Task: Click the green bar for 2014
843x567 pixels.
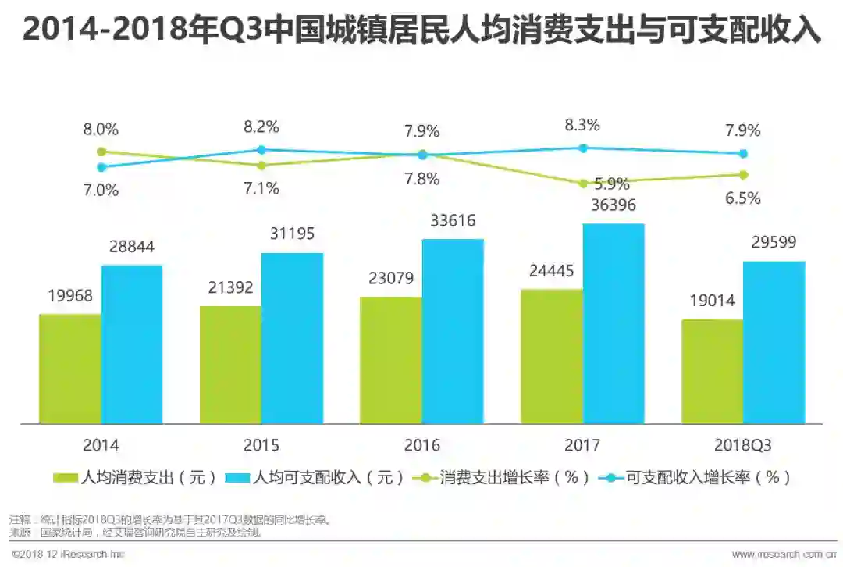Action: point(70,369)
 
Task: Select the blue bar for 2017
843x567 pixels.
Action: point(614,323)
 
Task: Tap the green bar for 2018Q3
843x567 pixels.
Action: point(712,371)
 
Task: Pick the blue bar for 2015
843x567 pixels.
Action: point(292,338)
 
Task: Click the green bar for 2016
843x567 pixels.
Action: point(390,360)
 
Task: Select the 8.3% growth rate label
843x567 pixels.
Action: point(582,124)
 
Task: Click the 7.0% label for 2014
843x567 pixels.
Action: point(101,190)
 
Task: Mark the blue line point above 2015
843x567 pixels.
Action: point(261,149)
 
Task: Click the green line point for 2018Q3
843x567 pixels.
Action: point(743,174)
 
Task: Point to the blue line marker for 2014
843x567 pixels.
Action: point(101,166)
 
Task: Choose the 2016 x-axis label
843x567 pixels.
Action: point(421,445)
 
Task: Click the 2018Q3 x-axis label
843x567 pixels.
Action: point(742,445)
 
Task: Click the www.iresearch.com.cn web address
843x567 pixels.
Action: point(784,555)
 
